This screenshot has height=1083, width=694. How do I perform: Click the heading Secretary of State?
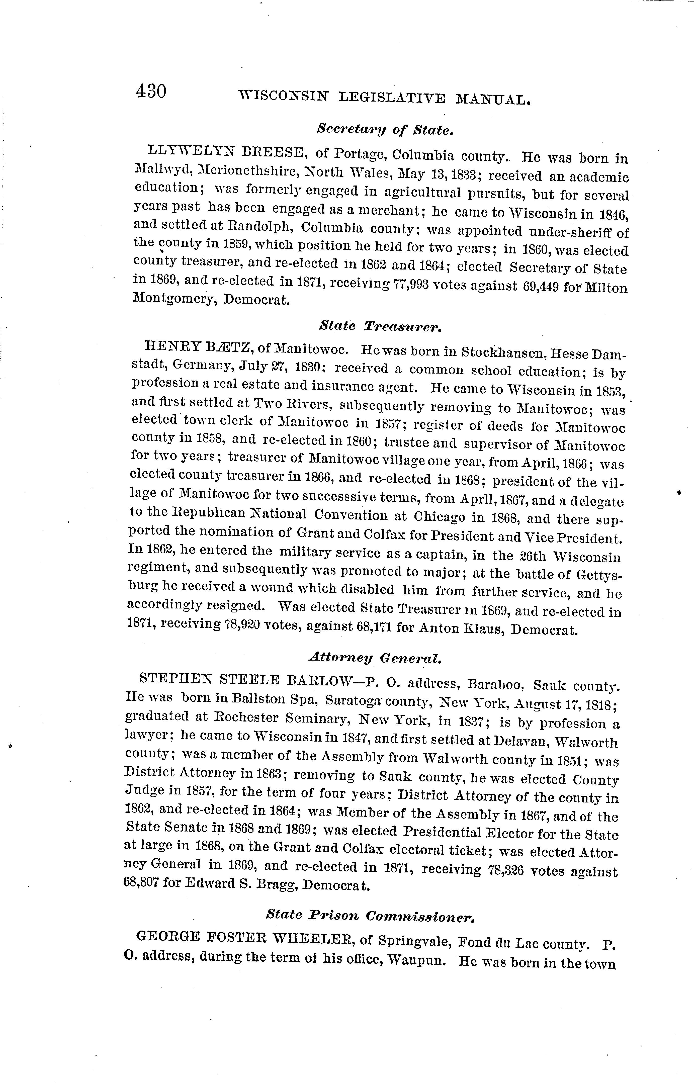point(384,130)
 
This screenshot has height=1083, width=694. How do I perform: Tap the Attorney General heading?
point(375,659)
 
